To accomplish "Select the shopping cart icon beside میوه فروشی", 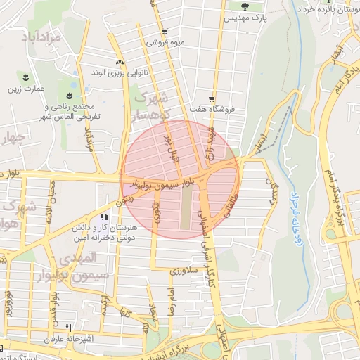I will tap(165, 31).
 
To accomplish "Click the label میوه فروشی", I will tap(165, 42).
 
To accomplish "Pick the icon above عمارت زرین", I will tap(26, 77).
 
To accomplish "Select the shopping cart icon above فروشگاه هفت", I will tap(212, 99).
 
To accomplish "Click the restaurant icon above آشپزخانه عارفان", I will tap(68, 328).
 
